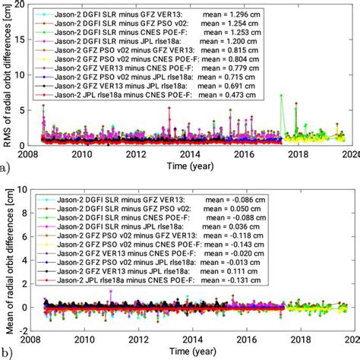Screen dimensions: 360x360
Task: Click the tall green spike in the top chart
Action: (281, 96)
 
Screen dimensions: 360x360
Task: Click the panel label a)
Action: (7, 162)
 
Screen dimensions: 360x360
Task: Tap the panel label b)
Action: (7, 352)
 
